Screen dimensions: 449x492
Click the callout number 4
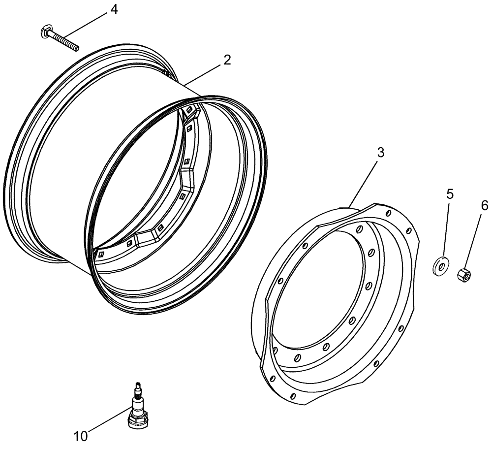(114, 9)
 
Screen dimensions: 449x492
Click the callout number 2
(226, 60)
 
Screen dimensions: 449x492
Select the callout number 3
(380, 153)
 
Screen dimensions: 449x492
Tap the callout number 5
(450, 194)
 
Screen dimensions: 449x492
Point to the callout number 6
(484, 206)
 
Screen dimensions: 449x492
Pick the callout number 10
(80, 436)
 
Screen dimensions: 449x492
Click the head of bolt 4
(45, 32)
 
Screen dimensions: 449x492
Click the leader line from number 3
(365, 179)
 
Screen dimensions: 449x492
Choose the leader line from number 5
(446, 228)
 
